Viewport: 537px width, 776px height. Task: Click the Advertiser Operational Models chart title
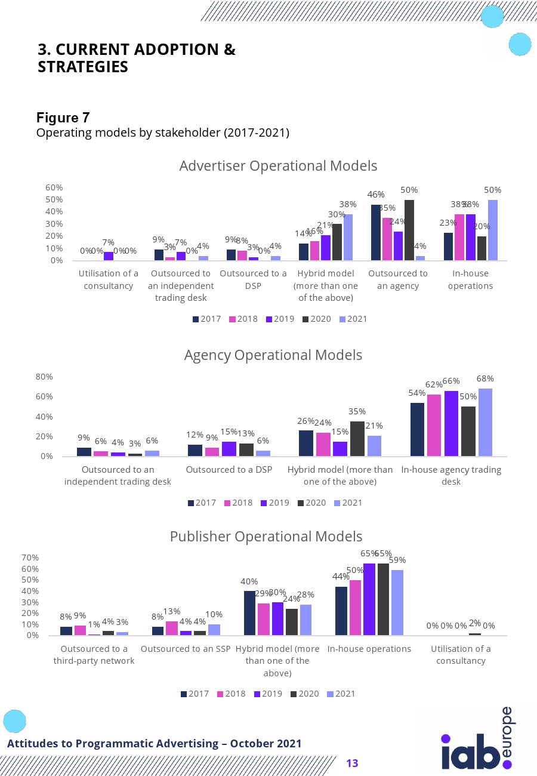tap(278, 166)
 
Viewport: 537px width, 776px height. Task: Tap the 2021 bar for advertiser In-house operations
tap(493, 230)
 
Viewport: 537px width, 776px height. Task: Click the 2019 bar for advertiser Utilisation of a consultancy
tap(109, 257)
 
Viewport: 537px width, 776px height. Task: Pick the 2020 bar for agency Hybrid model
tap(357, 439)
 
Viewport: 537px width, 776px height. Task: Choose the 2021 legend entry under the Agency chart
tap(348, 503)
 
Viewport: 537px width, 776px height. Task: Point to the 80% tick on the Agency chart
tap(45, 377)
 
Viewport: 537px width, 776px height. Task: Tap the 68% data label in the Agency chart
tap(485, 379)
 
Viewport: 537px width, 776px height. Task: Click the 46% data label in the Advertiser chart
tap(376, 195)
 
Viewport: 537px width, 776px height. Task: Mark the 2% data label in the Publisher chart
tap(475, 623)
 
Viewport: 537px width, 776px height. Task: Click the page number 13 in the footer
tap(352, 763)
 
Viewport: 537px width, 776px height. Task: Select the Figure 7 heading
tap(63, 118)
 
